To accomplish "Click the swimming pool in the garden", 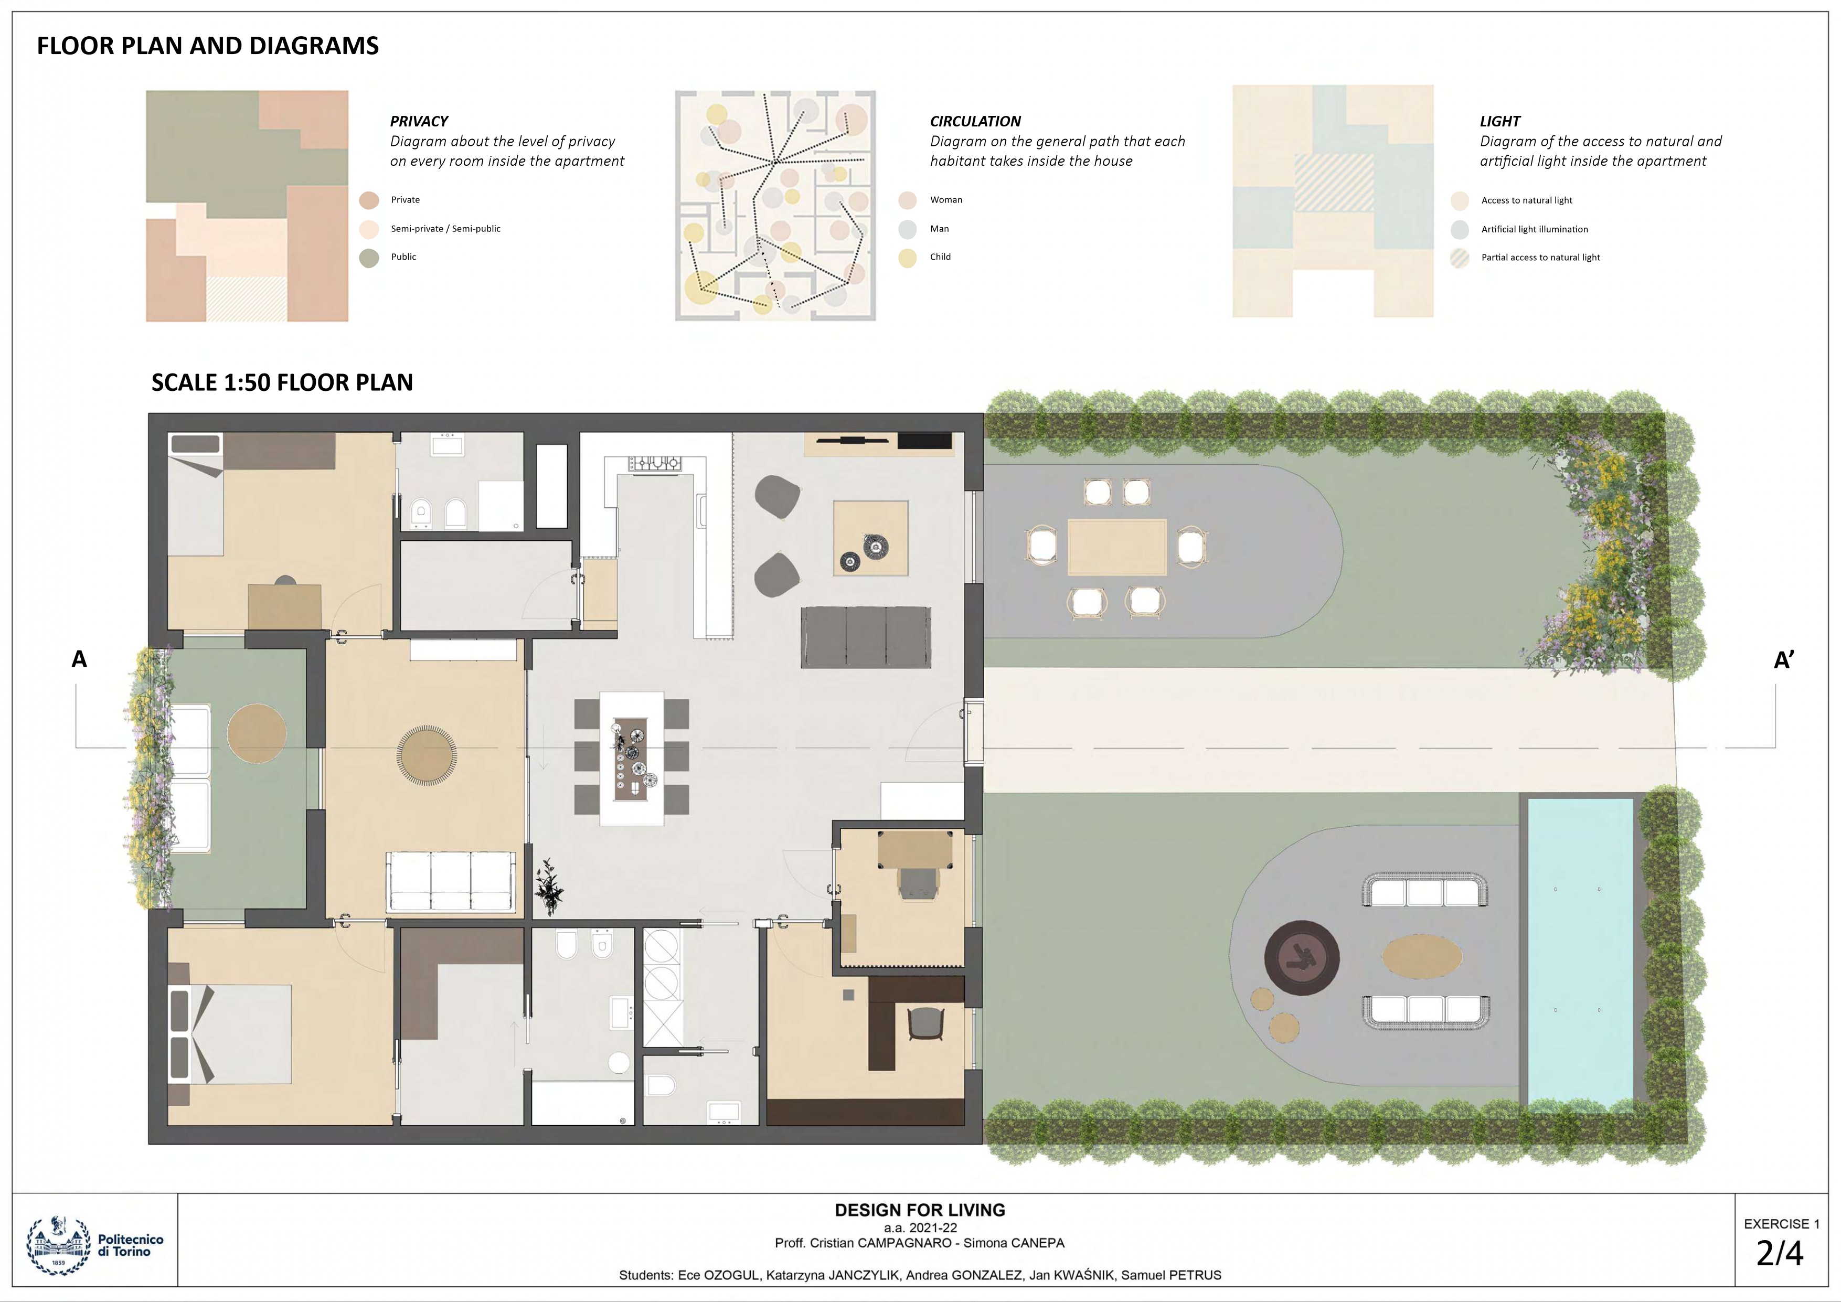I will [1580, 950].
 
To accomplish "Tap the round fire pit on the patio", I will [1301, 957].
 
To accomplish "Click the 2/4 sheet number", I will [1779, 1253].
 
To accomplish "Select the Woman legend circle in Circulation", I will [907, 200].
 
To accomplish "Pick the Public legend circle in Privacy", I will [369, 258].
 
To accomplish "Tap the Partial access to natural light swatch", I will [1460, 258].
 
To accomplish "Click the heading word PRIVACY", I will [419, 121].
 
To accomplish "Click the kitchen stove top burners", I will [654, 463].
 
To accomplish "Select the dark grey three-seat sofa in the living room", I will [866, 637].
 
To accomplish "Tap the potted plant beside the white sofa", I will [549, 886].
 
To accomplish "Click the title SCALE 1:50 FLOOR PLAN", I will [282, 382].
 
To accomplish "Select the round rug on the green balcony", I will [256, 733].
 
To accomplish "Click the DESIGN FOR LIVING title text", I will [920, 1210].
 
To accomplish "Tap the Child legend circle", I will [907, 258].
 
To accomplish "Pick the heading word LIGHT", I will [1499, 121].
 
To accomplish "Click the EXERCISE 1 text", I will [1781, 1223].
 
